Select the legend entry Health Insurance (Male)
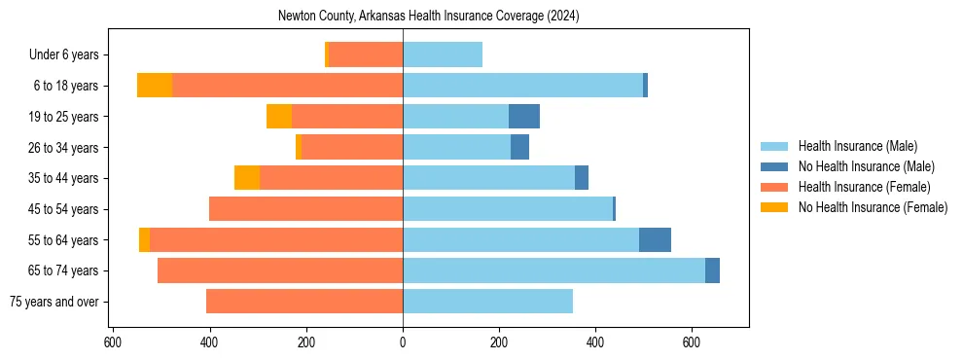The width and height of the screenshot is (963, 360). point(857,146)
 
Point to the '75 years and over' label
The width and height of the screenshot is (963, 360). point(53,302)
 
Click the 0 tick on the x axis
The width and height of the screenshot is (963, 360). point(403,342)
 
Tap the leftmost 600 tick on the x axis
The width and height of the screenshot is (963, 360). point(113,342)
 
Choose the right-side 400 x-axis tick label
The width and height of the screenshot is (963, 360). point(595,342)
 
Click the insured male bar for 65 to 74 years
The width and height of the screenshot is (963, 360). point(553,270)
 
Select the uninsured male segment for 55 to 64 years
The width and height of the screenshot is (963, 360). point(655,240)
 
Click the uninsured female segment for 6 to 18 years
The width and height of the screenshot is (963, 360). point(155,86)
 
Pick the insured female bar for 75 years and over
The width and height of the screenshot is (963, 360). point(303,302)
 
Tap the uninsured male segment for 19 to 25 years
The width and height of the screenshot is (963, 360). point(523,117)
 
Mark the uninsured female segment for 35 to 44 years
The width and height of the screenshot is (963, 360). point(247,178)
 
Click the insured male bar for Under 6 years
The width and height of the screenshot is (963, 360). point(443,55)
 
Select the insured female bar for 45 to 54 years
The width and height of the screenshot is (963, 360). point(305,209)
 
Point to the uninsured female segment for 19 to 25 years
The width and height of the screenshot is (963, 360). point(279,117)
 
